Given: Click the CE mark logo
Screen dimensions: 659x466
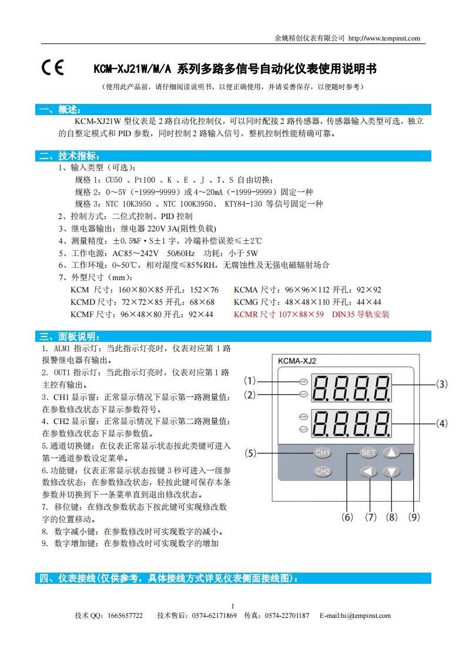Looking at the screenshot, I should [52, 69].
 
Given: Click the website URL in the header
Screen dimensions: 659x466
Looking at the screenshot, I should [384, 39].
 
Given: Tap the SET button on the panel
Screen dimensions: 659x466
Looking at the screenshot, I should [368, 453].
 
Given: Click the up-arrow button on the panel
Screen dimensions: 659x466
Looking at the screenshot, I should [392, 453].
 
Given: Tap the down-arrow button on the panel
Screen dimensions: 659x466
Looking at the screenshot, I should [392, 472].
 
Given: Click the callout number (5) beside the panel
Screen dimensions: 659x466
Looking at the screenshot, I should [251, 453].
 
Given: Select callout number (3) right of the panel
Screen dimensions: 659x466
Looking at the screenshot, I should [441, 384].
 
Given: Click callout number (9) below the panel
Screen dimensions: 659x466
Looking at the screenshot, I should [414, 517].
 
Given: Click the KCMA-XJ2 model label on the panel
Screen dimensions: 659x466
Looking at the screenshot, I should [297, 361].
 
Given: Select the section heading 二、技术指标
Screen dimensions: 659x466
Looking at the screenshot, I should [69, 156].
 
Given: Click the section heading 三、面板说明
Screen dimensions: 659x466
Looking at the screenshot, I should [69, 337].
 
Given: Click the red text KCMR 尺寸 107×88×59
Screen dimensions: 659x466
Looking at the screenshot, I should [279, 314].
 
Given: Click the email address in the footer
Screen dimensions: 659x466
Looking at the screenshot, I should [355, 616].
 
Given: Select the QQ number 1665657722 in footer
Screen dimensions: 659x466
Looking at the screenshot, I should [126, 616].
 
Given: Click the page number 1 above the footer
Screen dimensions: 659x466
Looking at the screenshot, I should [233, 606].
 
